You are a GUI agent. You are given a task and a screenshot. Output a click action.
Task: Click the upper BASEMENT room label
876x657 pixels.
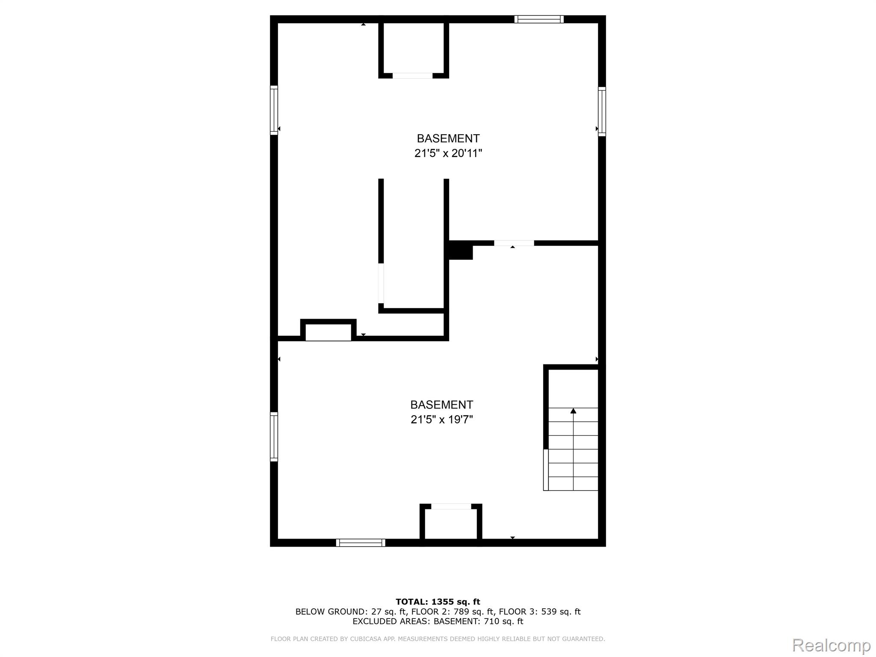pos(448,139)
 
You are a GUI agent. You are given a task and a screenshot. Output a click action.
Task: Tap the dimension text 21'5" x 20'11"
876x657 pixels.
pos(448,153)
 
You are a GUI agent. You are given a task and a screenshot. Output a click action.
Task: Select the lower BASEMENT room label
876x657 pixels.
pos(442,405)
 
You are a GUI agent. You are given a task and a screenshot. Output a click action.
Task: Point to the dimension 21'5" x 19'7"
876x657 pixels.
pos(442,419)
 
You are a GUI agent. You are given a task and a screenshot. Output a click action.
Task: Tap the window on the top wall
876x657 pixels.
pos(539,19)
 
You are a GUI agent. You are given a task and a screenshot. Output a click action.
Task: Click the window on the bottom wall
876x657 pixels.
pos(361,543)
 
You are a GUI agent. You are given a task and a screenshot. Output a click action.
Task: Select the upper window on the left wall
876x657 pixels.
pos(274,110)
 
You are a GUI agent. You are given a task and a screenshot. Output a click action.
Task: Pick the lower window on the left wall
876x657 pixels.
pos(274,437)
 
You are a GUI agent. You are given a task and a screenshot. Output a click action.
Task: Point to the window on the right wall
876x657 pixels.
pos(602,112)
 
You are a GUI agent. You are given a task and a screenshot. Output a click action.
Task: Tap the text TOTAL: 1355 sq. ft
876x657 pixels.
pos(438,602)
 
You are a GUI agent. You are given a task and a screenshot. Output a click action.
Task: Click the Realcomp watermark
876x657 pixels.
pos(832,645)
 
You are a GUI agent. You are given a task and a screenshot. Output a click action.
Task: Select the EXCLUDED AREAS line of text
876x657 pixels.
pos(438,621)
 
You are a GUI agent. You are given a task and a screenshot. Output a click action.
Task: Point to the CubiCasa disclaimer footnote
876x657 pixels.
pos(438,639)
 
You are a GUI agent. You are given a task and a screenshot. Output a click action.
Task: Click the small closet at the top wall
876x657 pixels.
pos(414,48)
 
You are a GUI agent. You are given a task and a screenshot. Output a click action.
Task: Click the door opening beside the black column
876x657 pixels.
pos(514,243)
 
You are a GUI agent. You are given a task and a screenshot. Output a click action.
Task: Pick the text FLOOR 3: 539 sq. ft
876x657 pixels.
pos(540,612)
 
